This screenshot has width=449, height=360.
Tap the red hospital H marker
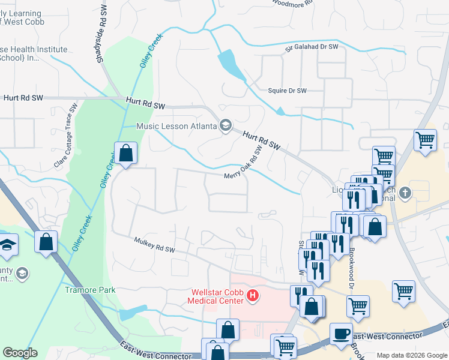click(x=253, y=295)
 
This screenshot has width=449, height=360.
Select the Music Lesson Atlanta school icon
click(x=226, y=125)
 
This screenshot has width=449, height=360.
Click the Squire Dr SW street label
click(x=287, y=91)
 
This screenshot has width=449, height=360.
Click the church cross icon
click(x=405, y=193)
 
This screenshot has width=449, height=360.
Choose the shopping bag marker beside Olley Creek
click(x=126, y=153)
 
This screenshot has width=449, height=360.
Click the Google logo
click(x=20, y=353)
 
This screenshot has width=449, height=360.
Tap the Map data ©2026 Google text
click(x=412, y=355)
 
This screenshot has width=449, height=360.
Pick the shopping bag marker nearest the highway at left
click(x=46, y=242)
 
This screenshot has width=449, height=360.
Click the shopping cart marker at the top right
click(x=426, y=141)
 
